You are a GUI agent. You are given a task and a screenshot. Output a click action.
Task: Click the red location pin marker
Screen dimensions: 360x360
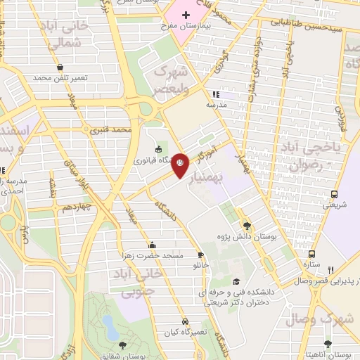[x=180, y=164]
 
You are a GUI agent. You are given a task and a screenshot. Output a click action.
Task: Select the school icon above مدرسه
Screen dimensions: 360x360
[x=217, y=94]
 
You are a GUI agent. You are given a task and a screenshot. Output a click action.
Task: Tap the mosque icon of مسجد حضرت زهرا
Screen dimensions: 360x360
[x=153, y=245]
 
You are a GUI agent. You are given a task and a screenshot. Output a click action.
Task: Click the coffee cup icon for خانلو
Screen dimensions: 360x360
[x=202, y=255]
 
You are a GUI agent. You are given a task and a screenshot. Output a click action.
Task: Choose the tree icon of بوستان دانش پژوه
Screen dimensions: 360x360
[x=247, y=226]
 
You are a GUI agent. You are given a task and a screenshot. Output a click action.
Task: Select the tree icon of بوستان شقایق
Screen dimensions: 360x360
[x=122, y=345]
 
